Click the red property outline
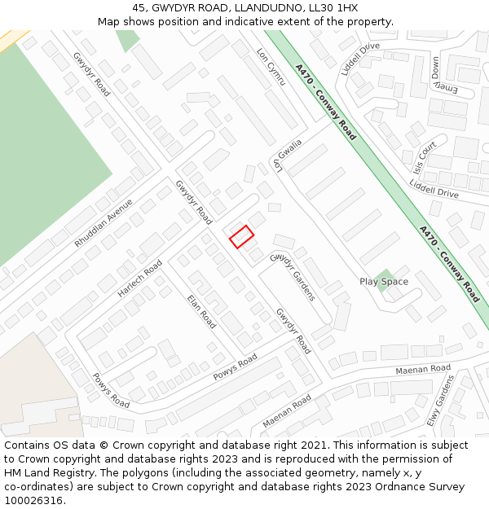[x=241, y=236]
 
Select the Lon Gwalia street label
[x=288, y=155]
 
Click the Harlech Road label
[x=139, y=279]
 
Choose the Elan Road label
[x=201, y=311]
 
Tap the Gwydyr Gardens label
[x=292, y=277]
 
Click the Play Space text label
[x=384, y=282]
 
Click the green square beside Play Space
[x=384, y=277]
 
